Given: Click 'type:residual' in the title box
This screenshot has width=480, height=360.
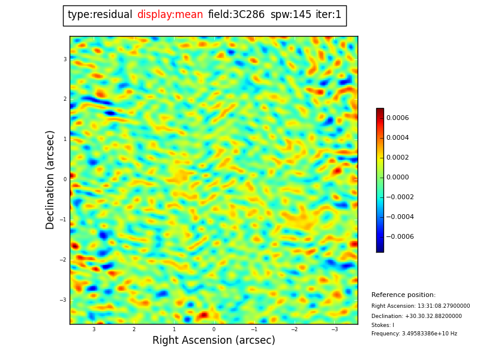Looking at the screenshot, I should tap(100, 15).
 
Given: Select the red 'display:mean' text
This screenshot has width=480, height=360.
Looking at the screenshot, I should tap(170, 15).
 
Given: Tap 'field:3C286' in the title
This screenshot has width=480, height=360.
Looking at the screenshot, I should tap(236, 15).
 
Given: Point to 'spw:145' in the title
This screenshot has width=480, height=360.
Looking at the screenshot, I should tap(290, 15).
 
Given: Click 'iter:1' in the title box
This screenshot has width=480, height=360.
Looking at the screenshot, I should tap(329, 15).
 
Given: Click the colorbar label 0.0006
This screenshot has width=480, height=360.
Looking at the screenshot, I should tap(397, 118).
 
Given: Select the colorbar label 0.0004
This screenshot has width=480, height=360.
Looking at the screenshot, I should tap(397, 138).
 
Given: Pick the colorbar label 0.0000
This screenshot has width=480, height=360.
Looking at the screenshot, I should tap(397, 178).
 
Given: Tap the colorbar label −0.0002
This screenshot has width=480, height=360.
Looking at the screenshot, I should tap(400, 197).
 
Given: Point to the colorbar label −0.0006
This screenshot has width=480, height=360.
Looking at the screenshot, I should tap(400, 237).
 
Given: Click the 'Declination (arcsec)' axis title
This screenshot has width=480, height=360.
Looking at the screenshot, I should tap(50, 179).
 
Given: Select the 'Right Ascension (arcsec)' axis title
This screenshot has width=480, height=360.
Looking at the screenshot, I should tap(214, 341).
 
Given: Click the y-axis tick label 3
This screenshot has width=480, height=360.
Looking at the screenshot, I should tap(65, 59).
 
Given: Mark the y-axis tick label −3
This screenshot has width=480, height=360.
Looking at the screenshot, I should tap(64, 300).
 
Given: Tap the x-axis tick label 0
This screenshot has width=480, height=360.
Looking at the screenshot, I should tap(214, 329).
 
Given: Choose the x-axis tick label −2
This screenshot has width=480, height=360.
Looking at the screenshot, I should tap(294, 329).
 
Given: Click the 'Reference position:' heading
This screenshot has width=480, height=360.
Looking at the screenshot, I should tap(403, 295).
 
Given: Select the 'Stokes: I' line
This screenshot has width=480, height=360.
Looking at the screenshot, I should tap(383, 325).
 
